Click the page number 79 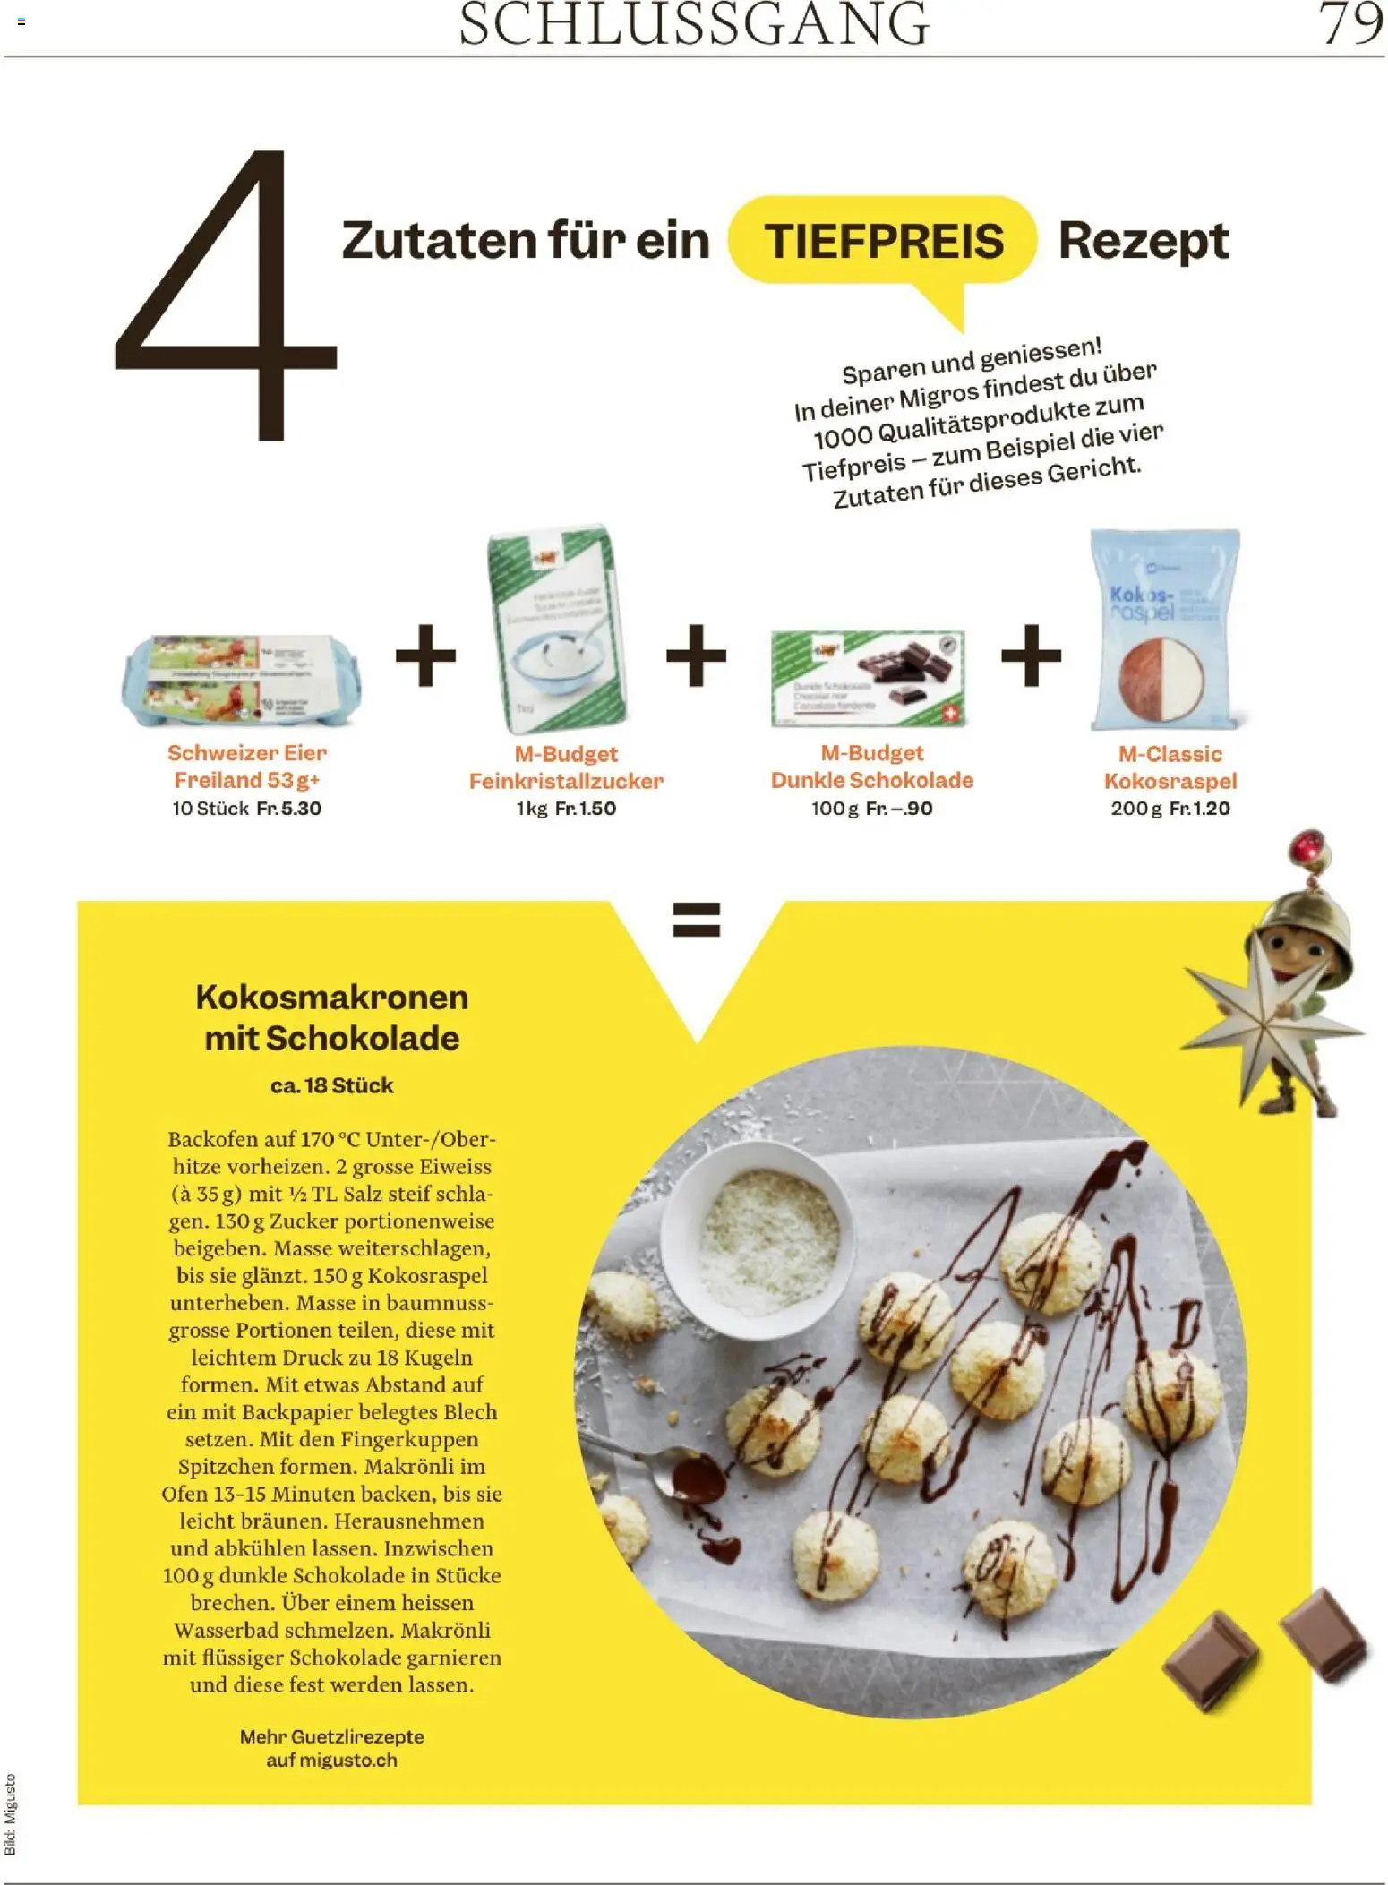coord(1350,24)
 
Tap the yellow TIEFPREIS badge coord(883,241)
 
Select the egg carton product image coord(242,681)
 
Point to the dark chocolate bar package coord(868,678)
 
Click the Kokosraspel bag coord(1164,629)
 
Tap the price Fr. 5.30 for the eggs coord(288,809)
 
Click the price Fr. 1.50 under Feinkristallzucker coord(586,809)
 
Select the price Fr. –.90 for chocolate coord(899,809)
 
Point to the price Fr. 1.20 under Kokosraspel coord(1200,809)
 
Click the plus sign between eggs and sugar coord(425,656)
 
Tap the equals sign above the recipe coord(696,920)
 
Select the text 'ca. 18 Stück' coord(331,1085)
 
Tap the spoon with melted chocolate coord(681,1475)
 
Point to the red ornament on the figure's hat coord(1306,846)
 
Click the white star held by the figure coord(1263,1021)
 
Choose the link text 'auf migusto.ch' coord(331,1761)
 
